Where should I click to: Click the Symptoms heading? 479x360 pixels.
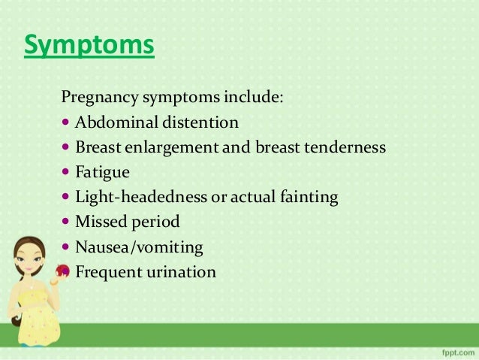coord(89,45)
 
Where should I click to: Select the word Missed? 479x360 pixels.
coord(98,222)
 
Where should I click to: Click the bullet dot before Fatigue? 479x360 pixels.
coord(65,172)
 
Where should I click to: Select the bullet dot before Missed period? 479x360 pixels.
coord(65,222)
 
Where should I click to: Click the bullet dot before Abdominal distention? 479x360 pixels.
coord(65,123)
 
